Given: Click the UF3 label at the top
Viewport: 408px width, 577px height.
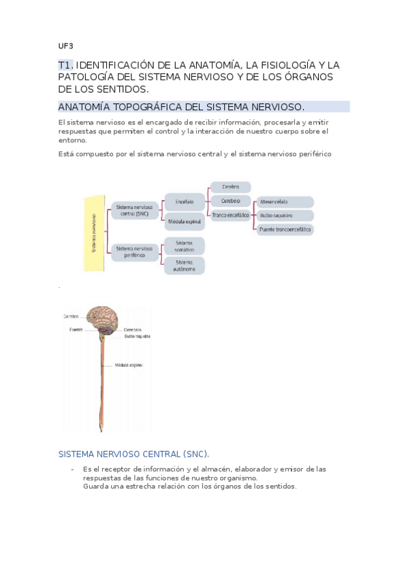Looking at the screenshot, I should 65,46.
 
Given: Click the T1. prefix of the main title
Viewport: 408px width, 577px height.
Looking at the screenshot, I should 65,65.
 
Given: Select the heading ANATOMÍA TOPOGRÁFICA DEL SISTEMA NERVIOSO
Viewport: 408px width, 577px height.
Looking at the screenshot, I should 181,108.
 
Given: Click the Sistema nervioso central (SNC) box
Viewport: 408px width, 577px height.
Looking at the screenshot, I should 134,210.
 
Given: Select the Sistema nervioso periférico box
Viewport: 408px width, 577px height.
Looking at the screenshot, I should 134,252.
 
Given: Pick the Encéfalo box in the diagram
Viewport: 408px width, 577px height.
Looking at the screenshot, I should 185,202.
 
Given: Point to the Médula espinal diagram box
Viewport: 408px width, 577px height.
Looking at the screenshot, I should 185,222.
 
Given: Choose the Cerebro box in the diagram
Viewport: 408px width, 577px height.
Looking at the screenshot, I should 230,186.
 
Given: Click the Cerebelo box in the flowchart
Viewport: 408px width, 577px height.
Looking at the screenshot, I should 230,201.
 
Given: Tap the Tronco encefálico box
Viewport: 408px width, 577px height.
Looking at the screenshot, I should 230,215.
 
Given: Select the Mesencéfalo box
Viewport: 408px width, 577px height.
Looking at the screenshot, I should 284,202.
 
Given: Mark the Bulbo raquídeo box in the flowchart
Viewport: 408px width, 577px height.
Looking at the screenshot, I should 284,216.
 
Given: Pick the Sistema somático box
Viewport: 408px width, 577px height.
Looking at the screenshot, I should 185,245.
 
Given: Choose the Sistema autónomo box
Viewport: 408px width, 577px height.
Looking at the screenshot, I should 185,265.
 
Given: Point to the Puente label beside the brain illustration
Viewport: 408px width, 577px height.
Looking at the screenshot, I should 76,329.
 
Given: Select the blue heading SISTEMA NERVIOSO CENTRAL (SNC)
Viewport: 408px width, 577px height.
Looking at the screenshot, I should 134,454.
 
